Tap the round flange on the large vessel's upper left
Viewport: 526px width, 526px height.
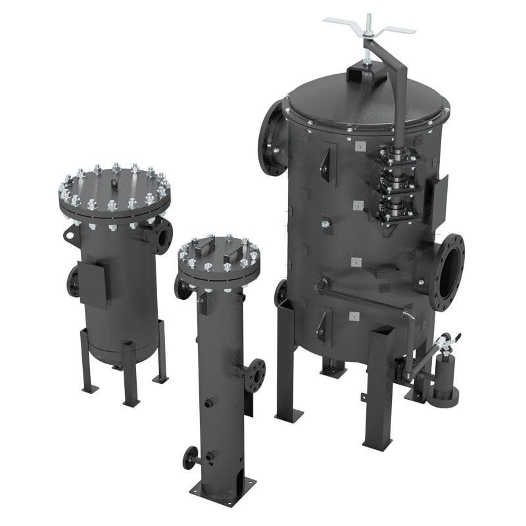point(271,139)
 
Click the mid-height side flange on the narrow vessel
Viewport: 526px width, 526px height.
point(254,375)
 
